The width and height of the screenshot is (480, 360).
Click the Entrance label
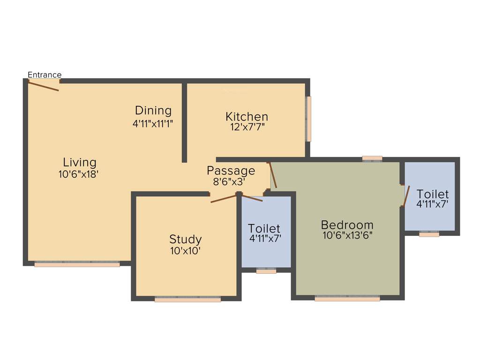45,75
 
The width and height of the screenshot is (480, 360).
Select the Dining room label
153,111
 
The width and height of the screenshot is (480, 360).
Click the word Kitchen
247,116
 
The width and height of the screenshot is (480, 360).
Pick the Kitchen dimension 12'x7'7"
247,127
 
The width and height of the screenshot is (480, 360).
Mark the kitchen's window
308,119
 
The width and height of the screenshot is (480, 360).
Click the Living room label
80,163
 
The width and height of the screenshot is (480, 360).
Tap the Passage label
231,171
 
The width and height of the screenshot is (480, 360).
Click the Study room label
186,240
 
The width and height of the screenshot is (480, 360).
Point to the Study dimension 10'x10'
186,251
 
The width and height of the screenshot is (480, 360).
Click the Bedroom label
347,225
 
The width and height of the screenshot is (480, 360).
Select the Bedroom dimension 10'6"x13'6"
347,236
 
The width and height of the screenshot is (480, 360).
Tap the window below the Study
187,299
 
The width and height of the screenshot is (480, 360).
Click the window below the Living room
77,264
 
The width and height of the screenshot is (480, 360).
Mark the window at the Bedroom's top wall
372,158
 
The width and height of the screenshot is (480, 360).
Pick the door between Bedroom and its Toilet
406,196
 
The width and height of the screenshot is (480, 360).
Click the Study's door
224,198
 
